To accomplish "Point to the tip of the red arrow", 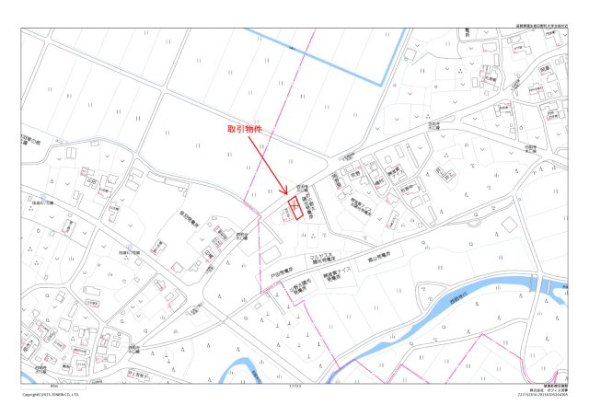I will (x=288, y=194).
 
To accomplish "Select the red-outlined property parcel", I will (x=295, y=207).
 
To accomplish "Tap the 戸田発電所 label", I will (x=283, y=272).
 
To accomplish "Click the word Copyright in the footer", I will (x=31, y=394).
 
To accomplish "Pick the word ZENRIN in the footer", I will (x=61, y=394).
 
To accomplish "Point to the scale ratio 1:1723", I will (x=294, y=387).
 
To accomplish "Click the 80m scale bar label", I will (x=54, y=387).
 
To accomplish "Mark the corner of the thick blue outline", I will (x=379, y=84).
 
